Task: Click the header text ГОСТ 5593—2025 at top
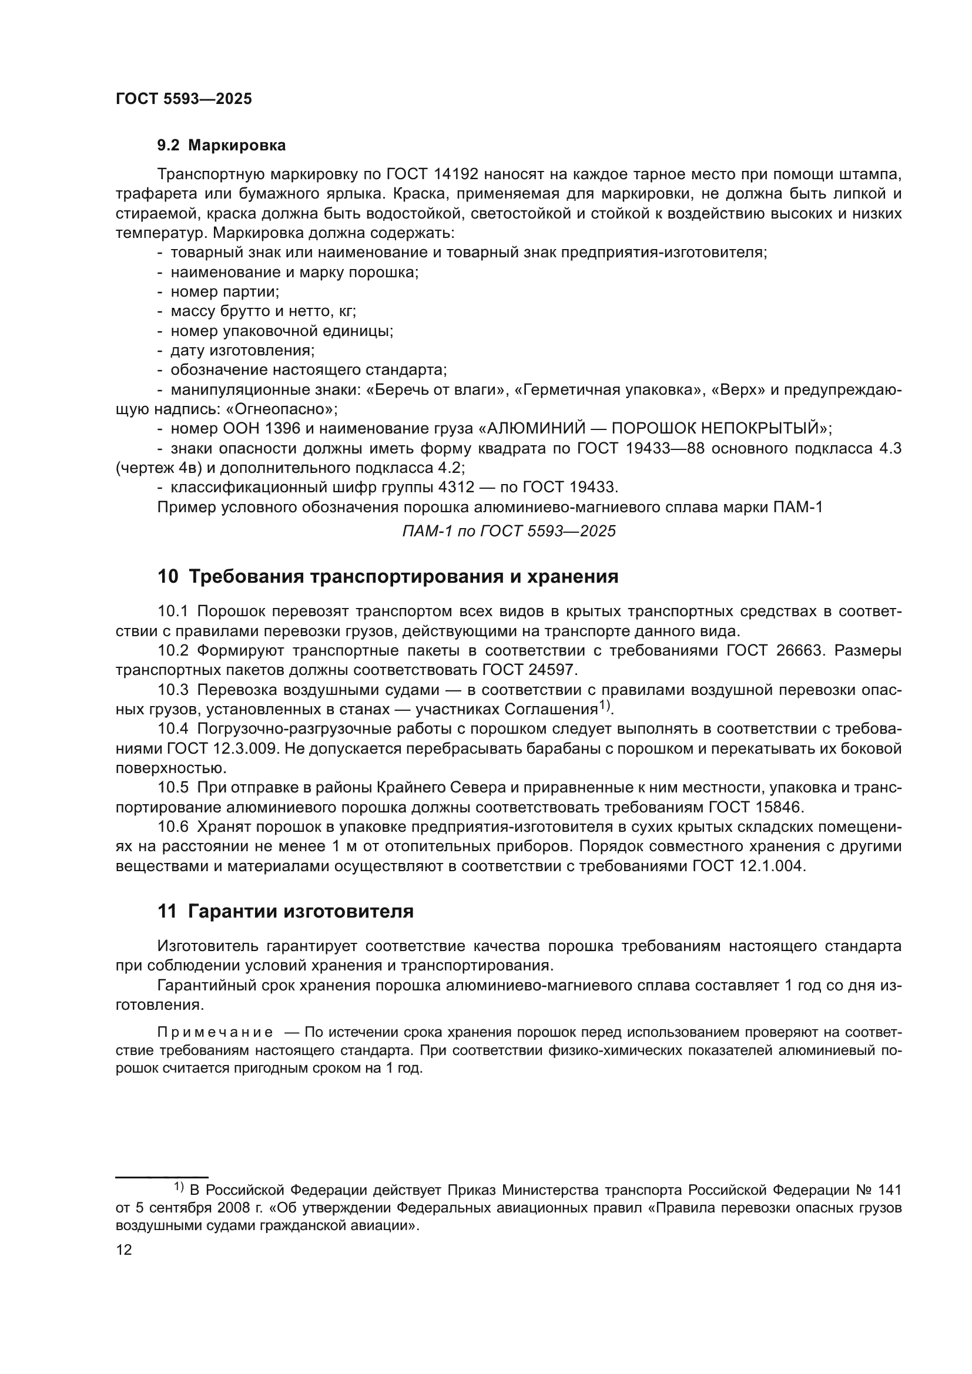183,99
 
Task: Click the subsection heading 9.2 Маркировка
222,146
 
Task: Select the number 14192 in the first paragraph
456,174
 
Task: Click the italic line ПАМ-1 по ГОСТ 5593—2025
509,531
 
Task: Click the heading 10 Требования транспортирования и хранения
388,577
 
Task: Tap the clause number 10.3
173,690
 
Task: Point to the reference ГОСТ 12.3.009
220,748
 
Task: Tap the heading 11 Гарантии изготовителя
286,912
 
